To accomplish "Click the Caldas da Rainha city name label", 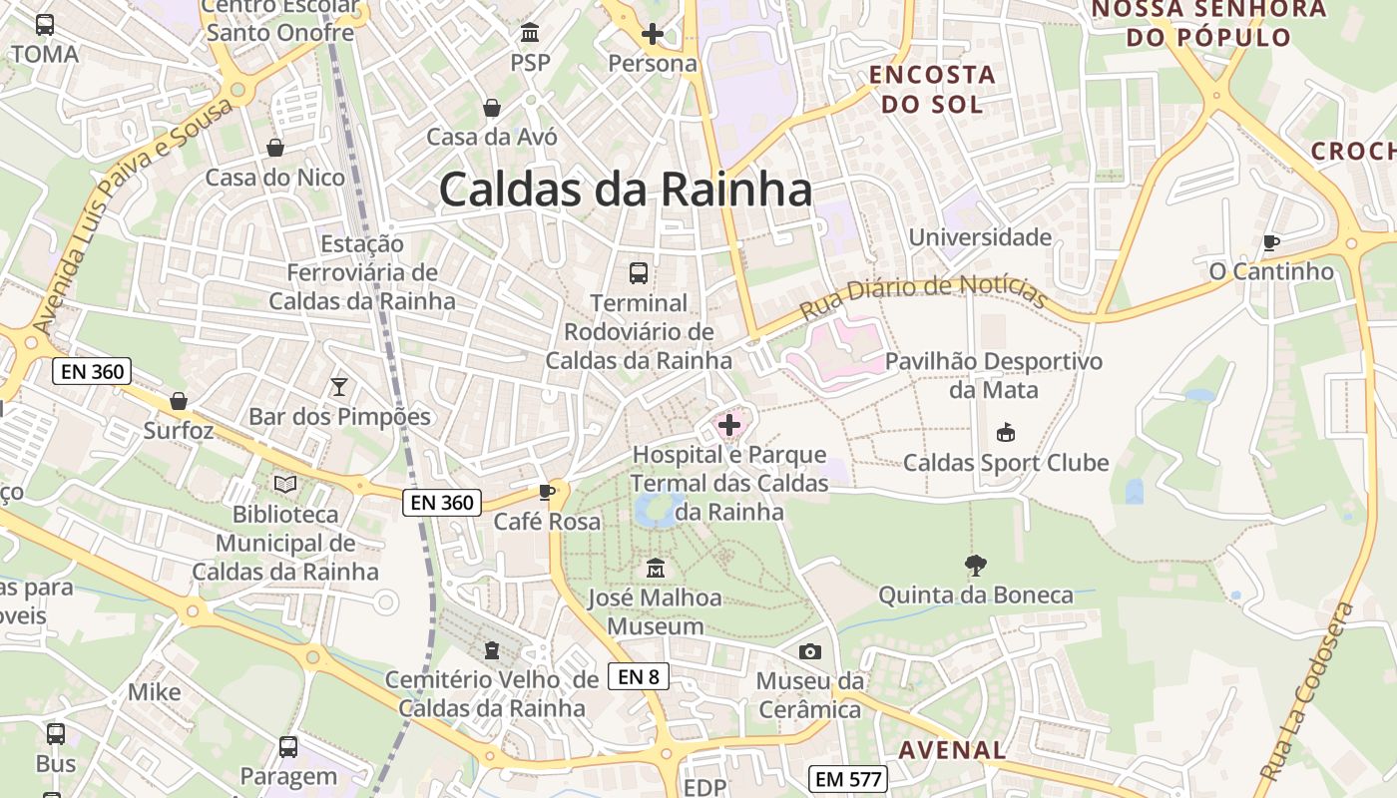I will tap(625, 189).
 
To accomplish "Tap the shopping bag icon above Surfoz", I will tap(179, 401).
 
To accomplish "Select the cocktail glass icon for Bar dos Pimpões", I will tap(339, 386).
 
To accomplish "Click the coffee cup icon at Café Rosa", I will tap(546, 491).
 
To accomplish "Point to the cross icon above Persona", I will tap(652, 34).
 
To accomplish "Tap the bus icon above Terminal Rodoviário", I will tap(638, 272).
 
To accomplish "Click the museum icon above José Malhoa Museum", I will tap(655, 569).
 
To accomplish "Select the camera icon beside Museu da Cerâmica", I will tap(810, 651).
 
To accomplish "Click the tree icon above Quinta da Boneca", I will tap(976, 566).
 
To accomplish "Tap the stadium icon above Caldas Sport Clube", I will tap(1005, 433).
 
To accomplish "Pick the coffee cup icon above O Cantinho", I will tap(1270, 241).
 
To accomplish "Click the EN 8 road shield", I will tap(639, 676).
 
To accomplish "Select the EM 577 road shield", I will tap(848, 779).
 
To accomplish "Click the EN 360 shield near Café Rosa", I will tap(442, 503).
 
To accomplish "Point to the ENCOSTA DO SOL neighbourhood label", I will tap(932, 88).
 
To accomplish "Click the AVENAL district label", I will tap(953, 750).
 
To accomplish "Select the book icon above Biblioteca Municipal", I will tap(285, 484).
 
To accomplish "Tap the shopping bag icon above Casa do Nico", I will tap(274, 148).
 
